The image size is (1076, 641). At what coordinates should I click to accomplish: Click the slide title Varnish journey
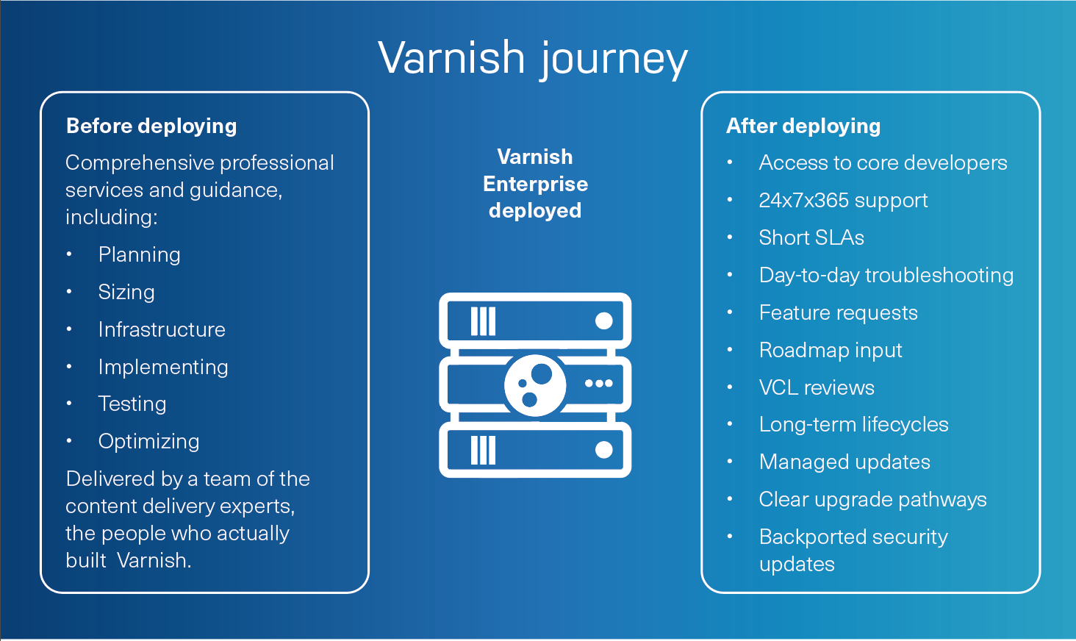533,59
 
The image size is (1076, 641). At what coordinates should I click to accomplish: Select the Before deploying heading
151,126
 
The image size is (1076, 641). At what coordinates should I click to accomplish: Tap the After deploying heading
803,126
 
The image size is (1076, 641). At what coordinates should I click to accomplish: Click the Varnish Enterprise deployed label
535,184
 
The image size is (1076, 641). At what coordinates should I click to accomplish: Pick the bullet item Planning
140,255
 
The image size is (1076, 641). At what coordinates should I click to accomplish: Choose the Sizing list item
126,293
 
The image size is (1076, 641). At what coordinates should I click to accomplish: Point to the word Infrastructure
162,330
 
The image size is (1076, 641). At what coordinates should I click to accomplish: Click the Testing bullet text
132,404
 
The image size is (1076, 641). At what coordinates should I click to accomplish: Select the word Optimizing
149,442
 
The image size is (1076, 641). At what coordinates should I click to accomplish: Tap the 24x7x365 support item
843,201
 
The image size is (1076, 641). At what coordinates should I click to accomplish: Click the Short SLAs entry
811,238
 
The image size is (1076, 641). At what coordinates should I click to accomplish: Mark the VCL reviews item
817,388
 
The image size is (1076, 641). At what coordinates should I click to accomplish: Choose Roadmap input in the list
831,351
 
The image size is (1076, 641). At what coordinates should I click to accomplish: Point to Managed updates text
844,462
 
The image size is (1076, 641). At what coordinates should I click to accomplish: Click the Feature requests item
838,313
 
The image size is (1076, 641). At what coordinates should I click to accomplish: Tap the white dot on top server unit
603,320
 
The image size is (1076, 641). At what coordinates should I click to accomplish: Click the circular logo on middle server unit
535,385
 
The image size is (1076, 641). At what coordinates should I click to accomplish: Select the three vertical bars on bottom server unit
483,450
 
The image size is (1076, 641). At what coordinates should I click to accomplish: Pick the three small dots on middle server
598,384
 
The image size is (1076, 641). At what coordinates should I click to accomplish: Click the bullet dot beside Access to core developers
730,163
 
